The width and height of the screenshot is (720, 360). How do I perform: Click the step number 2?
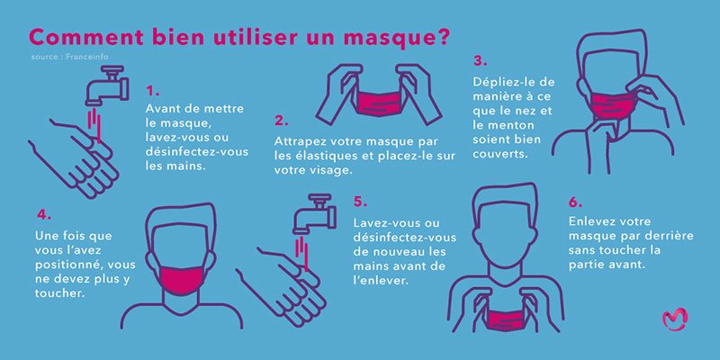[x=282, y=119]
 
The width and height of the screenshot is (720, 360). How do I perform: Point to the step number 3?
[x=480, y=61]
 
